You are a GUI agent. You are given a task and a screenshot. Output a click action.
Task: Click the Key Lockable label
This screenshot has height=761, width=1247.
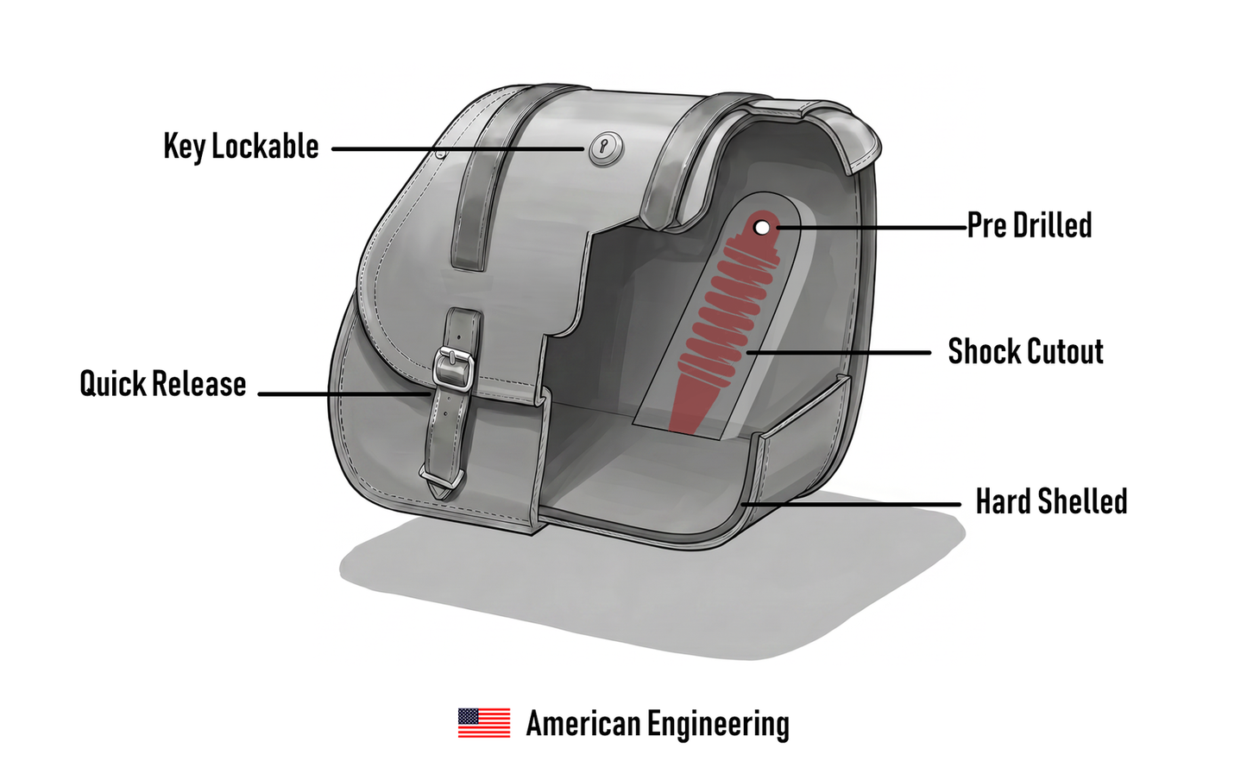pyautogui.click(x=241, y=147)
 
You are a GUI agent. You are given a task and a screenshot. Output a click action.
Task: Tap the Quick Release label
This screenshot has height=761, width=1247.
pyautogui.click(x=162, y=384)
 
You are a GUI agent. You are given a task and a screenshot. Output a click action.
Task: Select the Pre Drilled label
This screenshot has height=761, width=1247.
pyautogui.click(x=1030, y=225)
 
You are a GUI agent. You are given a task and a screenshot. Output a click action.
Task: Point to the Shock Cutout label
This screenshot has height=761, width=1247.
pyautogui.click(x=1025, y=351)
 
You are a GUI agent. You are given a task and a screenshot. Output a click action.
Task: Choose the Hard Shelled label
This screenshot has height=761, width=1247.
pyautogui.click(x=1051, y=501)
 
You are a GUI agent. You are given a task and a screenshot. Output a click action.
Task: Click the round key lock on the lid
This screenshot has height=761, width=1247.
pyautogui.click(x=606, y=148)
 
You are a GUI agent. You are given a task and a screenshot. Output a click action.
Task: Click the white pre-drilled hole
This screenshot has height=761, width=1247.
pyautogui.click(x=762, y=227)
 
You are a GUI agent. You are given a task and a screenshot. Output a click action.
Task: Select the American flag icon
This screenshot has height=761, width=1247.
pyautogui.click(x=484, y=722)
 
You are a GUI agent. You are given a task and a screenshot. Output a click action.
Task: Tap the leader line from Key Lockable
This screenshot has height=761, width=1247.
pyautogui.click(x=457, y=149)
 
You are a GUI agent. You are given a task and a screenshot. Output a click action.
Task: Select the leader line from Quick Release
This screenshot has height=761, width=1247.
pyautogui.click(x=343, y=394)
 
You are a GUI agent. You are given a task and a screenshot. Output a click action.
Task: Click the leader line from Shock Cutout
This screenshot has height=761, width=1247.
pyautogui.click(x=839, y=352)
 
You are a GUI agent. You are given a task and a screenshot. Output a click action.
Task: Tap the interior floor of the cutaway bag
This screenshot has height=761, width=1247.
pyautogui.click(x=640, y=468)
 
